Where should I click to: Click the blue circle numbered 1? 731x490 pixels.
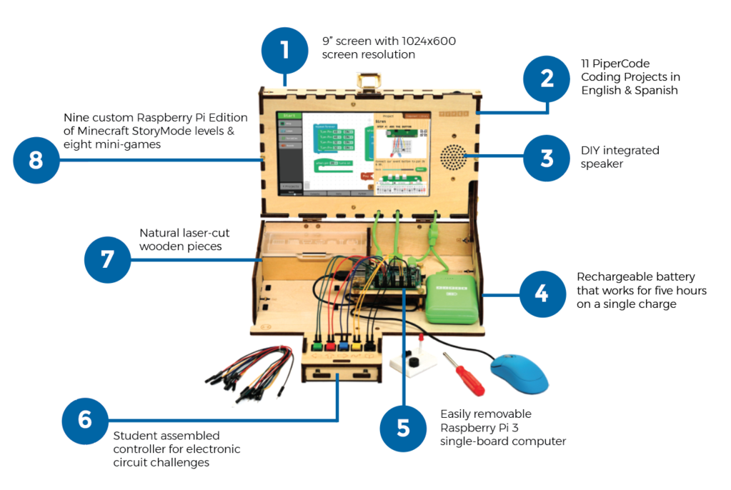285,51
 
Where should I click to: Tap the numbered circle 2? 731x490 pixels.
547,77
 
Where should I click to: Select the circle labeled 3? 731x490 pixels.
547,158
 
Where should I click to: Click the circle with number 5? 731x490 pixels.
403,428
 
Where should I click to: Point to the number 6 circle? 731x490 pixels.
85,419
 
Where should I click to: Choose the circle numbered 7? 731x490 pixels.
107,259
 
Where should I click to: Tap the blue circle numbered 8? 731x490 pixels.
36,159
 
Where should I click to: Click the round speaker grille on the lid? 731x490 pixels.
452,159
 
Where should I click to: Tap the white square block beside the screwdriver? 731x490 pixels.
412,364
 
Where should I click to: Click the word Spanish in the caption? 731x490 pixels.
652,91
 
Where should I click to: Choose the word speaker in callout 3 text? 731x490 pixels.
602,164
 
